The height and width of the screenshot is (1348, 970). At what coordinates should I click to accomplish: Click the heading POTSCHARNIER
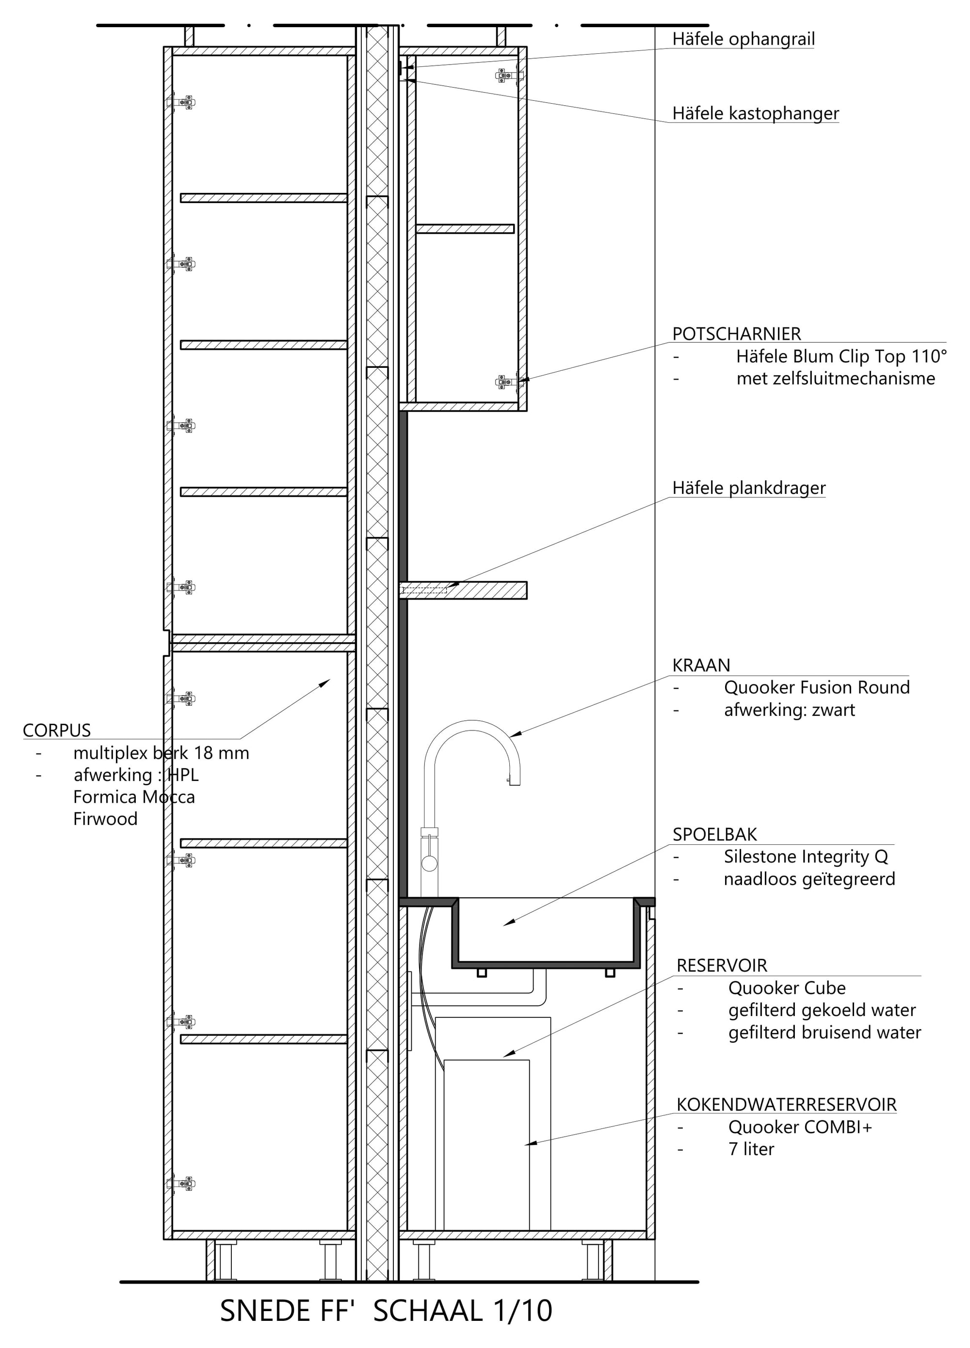[x=736, y=334]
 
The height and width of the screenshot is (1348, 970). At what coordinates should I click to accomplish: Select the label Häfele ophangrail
[x=744, y=39]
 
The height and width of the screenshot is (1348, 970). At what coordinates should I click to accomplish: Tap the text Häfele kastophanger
[x=755, y=113]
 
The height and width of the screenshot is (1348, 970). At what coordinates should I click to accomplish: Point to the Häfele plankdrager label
[x=749, y=488]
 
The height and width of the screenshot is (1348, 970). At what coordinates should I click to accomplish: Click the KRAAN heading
[x=701, y=666]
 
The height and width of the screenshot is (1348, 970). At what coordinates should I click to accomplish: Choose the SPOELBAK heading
[x=715, y=835]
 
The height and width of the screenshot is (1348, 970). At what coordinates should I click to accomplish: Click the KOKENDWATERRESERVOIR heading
[x=786, y=1104]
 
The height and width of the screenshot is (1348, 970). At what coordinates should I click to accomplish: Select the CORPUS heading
[x=56, y=730]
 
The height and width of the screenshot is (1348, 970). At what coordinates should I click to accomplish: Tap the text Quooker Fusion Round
[x=817, y=688]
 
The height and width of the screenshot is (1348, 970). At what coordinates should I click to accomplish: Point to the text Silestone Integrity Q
[x=806, y=856]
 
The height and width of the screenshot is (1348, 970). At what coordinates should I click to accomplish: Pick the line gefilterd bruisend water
[x=824, y=1032]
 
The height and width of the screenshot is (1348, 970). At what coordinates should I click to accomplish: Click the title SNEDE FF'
[x=287, y=1311]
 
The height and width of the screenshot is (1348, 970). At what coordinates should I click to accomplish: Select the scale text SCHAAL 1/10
[x=463, y=1311]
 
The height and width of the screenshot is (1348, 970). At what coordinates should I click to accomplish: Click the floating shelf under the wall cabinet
[x=463, y=590]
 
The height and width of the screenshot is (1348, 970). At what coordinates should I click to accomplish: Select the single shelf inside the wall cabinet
[x=465, y=229]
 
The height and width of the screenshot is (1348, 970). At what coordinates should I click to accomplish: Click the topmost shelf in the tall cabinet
[x=263, y=198]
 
